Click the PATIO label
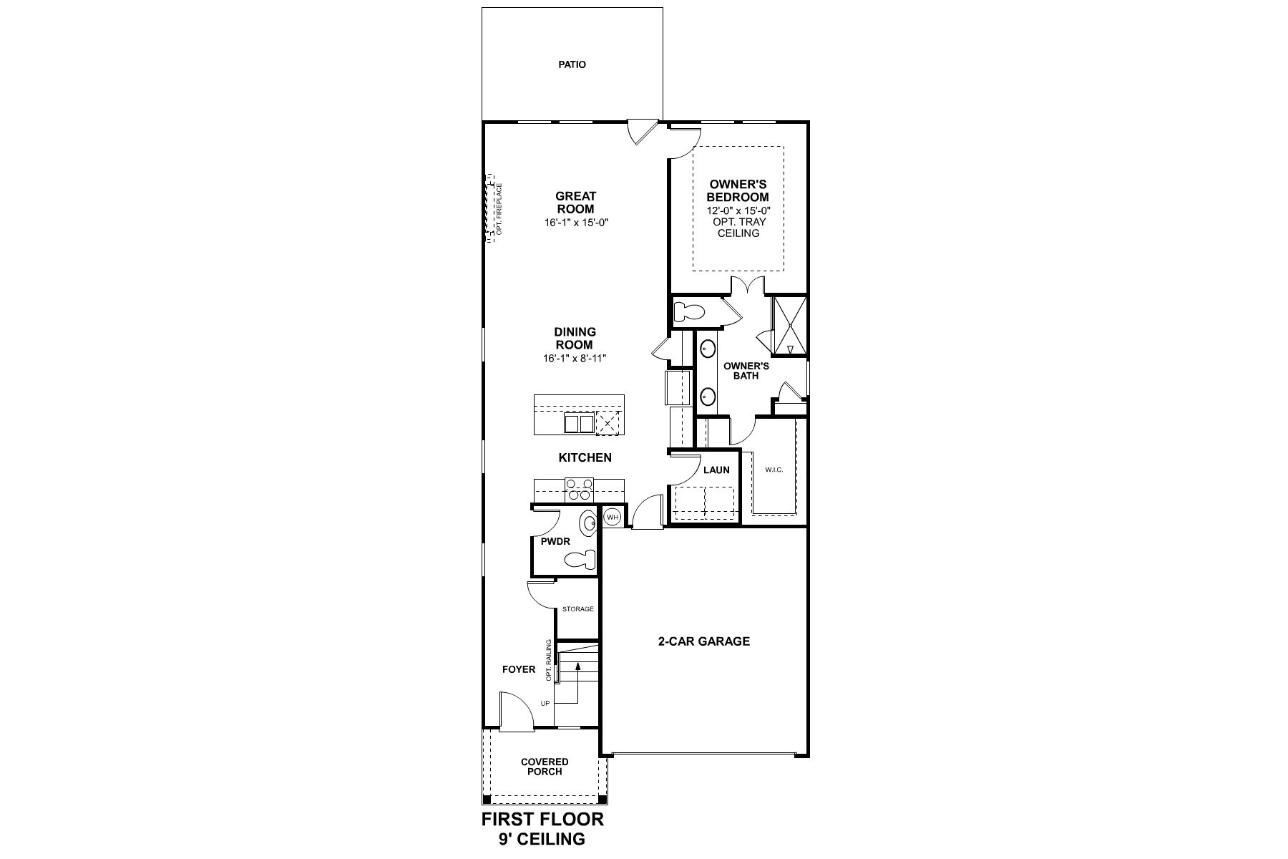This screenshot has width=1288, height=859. point(572,64)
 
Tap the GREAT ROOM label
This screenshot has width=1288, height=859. point(575,203)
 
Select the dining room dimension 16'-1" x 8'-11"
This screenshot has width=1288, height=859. point(575,358)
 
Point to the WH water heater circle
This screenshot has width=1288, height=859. point(613,517)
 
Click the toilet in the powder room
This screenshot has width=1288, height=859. point(582,559)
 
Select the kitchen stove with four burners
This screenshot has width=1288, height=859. point(579,489)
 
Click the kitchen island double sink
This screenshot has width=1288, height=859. point(579,424)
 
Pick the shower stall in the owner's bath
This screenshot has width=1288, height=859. point(789,326)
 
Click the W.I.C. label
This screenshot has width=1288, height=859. point(774,470)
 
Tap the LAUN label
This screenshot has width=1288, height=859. point(716,470)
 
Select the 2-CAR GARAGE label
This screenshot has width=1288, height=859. point(704,641)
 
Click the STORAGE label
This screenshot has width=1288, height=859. point(577,609)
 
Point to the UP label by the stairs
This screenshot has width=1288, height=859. point(545,704)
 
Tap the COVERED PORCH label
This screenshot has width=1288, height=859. point(545,767)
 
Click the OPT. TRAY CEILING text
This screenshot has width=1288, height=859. point(738,228)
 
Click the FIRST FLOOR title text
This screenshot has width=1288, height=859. point(542,819)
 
